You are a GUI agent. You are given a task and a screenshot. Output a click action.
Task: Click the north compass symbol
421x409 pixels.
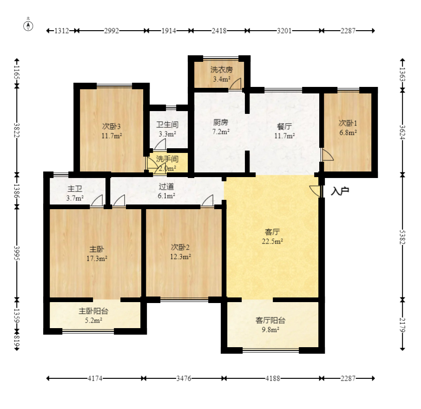pyautogui.click(x=28, y=26)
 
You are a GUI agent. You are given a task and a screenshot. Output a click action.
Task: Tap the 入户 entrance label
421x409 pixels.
pyautogui.click(x=340, y=191)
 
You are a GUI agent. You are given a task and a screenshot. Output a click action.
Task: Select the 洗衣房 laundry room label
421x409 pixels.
pyautogui.click(x=222, y=70)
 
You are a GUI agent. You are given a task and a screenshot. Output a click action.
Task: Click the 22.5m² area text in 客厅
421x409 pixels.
pyautogui.click(x=272, y=241)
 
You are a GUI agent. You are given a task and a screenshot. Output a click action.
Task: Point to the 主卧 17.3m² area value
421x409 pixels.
pyautogui.click(x=97, y=258)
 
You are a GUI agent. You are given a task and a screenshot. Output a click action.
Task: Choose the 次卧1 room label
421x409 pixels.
pyautogui.click(x=348, y=123)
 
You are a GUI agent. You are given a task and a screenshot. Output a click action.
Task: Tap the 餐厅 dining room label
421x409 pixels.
pyautogui.click(x=284, y=126)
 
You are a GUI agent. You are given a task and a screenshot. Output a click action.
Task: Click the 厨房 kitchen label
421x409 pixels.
pyautogui.click(x=221, y=122)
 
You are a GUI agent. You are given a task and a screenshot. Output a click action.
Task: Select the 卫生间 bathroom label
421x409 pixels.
pyautogui.click(x=167, y=125)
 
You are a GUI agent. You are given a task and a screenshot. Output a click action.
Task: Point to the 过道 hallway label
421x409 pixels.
pyautogui.click(x=166, y=186)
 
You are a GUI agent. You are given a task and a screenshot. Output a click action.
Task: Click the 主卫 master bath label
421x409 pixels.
pyautogui.click(x=75, y=189)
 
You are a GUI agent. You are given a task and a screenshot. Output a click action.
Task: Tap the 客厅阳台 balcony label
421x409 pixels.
pyautogui.click(x=270, y=320)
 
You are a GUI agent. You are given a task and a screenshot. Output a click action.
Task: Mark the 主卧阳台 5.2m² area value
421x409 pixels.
pyautogui.click(x=93, y=320)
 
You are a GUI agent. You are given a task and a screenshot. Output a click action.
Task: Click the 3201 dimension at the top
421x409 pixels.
pyautogui.click(x=284, y=31)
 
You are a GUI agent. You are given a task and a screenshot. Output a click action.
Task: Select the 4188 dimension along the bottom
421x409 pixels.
pyautogui.click(x=273, y=378)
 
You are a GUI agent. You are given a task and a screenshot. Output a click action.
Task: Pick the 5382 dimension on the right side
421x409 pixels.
pyautogui.click(x=402, y=237)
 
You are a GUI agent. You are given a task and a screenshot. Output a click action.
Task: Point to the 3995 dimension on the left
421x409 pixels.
pyautogui.click(x=17, y=253)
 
